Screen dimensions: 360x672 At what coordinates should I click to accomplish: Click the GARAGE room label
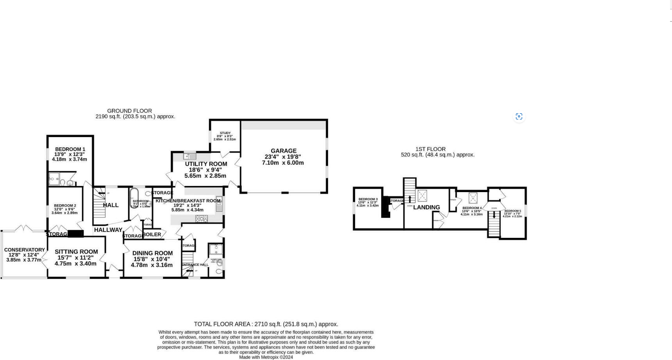pos(284,151)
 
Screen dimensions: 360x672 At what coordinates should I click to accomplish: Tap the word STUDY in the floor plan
pos(225,133)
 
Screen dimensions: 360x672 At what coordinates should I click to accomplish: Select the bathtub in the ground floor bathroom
pos(134,198)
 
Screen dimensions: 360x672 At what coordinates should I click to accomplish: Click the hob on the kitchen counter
pos(202,219)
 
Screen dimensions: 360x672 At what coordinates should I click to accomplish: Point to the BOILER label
pos(152,234)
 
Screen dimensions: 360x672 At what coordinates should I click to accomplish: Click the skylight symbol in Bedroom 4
pos(473,198)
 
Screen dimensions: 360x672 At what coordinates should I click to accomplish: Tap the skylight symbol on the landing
pos(422,195)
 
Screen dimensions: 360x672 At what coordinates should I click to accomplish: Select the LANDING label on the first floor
pos(426,207)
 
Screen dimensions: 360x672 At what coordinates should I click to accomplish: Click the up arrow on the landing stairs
pos(409,199)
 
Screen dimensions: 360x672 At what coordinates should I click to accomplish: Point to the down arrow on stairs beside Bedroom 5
pos(494,215)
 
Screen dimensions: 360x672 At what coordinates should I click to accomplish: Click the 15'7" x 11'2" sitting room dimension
pos(75,258)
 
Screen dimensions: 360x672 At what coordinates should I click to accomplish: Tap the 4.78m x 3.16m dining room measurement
pos(152,265)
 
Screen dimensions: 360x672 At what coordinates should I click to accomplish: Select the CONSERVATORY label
pos(25,250)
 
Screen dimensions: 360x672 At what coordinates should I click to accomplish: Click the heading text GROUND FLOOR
pos(129,111)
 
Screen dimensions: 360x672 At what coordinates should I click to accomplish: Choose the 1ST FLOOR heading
pos(430,149)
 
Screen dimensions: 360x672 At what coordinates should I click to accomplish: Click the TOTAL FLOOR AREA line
pos(266,324)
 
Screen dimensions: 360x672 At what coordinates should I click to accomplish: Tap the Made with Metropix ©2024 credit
pos(266,357)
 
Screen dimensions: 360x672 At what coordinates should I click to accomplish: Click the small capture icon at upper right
pos(519,116)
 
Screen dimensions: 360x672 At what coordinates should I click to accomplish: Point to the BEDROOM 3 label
pos(368,199)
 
